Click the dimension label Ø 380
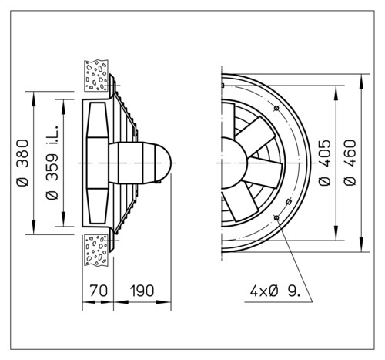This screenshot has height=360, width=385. pos(22,163)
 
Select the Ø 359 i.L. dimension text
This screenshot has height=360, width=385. pos(52,163)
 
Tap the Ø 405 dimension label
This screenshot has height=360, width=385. pos(324,163)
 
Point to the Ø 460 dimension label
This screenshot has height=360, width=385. pos(350,163)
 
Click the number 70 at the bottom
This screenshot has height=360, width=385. pos(99,291)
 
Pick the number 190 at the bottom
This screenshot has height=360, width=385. pos(142,291)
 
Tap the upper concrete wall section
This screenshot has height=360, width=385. pos(96,76)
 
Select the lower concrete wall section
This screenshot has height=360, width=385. pos(96,250)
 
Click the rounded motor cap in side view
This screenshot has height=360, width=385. pos(163,163)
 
